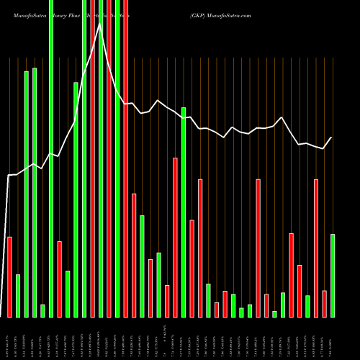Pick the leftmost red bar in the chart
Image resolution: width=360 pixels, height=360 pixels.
[x=9, y=277]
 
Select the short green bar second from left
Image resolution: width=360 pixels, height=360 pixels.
[x=18, y=296]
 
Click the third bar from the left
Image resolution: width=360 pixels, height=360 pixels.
[x=26, y=194]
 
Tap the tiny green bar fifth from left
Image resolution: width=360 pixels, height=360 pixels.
[x=42, y=310]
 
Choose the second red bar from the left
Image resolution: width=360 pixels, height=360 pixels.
[x=59, y=279]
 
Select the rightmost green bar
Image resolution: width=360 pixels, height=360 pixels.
[x=333, y=276]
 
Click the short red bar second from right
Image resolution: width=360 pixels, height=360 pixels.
[x=324, y=304]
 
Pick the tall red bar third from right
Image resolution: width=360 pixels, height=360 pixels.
[x=316, y=248]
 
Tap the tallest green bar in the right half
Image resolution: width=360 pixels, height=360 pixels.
[x=184, y=212]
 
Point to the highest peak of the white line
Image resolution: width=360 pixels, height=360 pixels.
[x=100, y=24]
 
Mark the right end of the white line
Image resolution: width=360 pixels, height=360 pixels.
[x=331, y=138]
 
